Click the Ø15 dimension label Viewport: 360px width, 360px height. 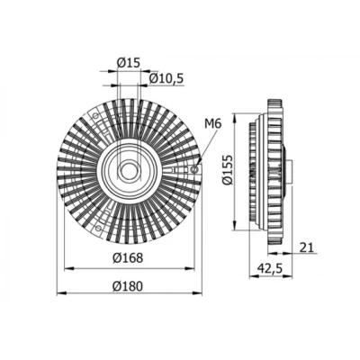click(x=128, y=63)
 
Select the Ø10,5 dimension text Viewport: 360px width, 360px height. click(x=166, y=78)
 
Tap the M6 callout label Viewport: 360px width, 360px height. click(x=213, y=123)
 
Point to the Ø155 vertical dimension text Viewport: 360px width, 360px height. click(x=228, y=170)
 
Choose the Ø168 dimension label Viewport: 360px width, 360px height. click(x=128, y=258)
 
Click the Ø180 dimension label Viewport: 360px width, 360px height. click(x=128, y=286)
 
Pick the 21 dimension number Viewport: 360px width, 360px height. click(x=306, y=247)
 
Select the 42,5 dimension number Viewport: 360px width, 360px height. click(x=270, y=268)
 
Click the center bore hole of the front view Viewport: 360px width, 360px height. click(x=129, y=170)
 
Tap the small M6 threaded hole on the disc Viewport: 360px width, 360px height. click(x=194, y=170)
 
